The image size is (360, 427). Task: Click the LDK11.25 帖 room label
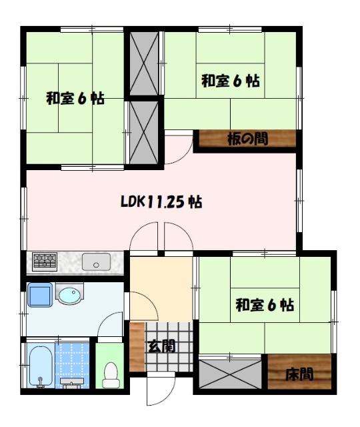162,201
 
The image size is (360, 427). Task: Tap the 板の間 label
247,139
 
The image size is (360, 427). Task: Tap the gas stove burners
45,261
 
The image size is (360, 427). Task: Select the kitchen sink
97,262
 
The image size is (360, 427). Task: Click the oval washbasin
69,294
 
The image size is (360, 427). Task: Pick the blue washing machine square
39,294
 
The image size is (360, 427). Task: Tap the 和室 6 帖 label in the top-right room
231,81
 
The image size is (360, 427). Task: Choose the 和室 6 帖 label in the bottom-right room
265,306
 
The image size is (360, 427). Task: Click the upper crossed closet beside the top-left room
143,63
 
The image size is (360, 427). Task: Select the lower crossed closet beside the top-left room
143,131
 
